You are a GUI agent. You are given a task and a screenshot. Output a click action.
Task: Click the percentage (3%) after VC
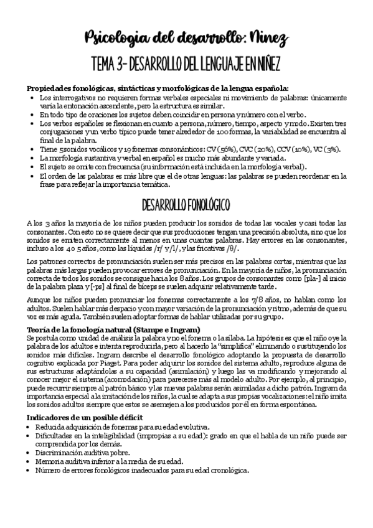(x=332, y=149)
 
